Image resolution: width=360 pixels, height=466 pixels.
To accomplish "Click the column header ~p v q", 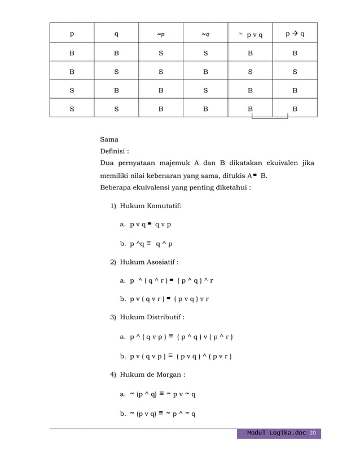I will [250, 34].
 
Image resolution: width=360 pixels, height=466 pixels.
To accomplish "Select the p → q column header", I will [295, 34].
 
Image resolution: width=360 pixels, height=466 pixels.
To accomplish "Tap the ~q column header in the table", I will [205, 34].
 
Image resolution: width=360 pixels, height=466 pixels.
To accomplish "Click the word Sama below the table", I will [109, 139].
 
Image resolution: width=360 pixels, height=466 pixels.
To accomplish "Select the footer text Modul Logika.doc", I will [276, 433].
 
